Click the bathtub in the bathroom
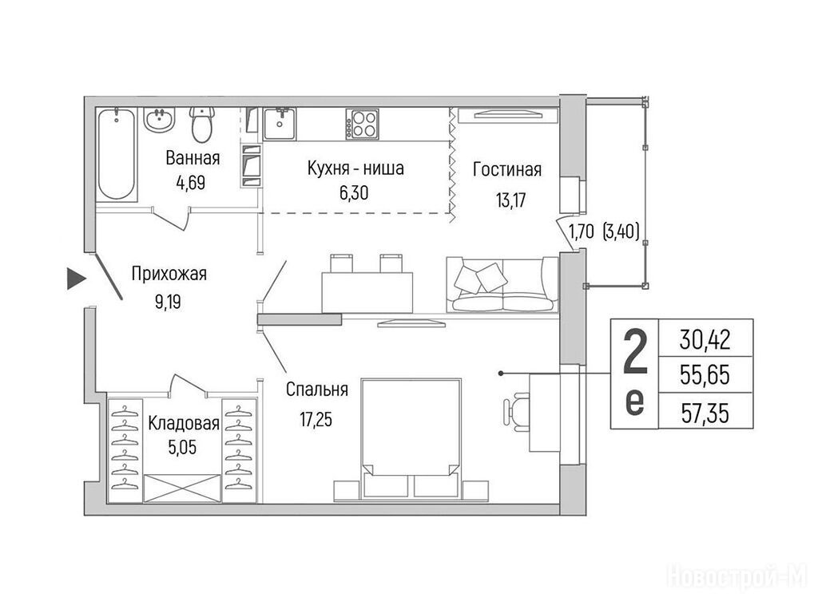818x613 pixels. click(x=117, y=154)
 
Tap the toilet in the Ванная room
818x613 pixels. click(x=202, y=125)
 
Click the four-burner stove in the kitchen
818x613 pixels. click(x=362, y=124)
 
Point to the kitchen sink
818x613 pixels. click(x=280, y=124)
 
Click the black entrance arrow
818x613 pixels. click(x=77, y=279)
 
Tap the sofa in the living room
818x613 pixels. click(x=502, y=285)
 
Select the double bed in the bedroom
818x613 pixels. click(x=411, y=438)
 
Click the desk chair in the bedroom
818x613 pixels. click(x=517, y=412)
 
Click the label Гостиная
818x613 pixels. click(x=507, y=169)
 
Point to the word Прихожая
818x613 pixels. click(x=169, y=274)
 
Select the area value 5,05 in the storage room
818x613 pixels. click(x=183, y=447)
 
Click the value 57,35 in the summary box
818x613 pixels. click(x=705, y=413)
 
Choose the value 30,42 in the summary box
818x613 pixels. click(x=705, y=339)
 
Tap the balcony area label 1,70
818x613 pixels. click(x=581, y=231)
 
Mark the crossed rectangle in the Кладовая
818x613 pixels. click(x=182, y=488)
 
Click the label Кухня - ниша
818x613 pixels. click(x=355, y=168)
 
